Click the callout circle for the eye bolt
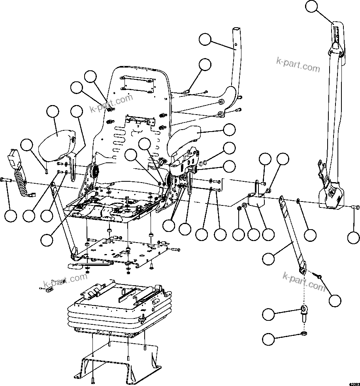click(x=269, y=315)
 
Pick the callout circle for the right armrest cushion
click(x=229, y=129)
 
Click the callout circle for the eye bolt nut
click(x=269, y=339)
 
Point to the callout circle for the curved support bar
click(x=205, y=40)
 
